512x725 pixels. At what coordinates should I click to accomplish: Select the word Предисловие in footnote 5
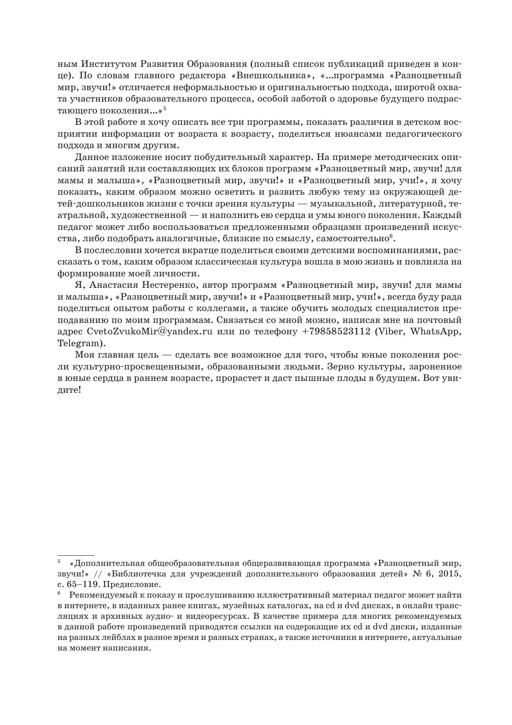pyautogui.click(x=133, y=585)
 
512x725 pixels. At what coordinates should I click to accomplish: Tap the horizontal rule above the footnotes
pyautogui.click(x=76, y=555)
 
